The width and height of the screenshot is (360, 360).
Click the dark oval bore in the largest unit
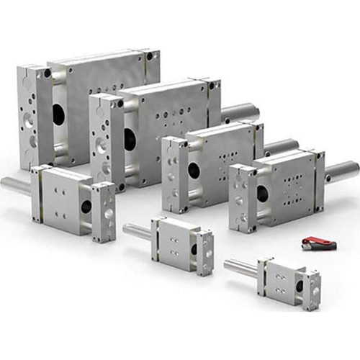[58, 114]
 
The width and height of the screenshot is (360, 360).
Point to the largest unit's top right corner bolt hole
[148, 55]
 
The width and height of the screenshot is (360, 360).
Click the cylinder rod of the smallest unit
[240, 268]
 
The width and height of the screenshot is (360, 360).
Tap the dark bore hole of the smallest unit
[299, 285]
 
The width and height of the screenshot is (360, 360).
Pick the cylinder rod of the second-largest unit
[240, 112]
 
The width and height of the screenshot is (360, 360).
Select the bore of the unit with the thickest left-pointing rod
[86, 206]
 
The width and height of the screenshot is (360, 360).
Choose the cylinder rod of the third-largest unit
[281, 147]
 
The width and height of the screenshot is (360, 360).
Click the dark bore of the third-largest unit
[194, 171]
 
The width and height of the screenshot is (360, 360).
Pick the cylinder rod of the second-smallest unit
[138, 231]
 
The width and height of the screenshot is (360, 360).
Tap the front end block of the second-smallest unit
[205, 252]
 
